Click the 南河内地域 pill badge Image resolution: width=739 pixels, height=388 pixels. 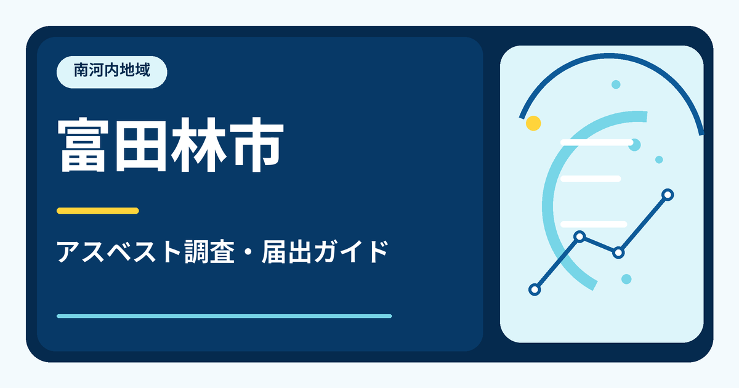tap(112, 72)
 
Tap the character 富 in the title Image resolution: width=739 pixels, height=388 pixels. tap(83, 145)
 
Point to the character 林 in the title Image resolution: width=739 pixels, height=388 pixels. tap(198, 145)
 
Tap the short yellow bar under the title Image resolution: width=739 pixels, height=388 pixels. tap(98, 211)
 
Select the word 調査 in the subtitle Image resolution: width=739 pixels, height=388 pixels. tap(209, 252)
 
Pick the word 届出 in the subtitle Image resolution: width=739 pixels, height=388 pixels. tap(286, 252)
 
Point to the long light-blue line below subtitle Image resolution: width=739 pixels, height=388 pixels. tap(224, 316)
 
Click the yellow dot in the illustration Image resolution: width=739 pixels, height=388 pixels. tap(533, 123)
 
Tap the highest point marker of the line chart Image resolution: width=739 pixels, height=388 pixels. tap(668, 195)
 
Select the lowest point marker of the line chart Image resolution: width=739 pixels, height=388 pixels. tap(535, 289)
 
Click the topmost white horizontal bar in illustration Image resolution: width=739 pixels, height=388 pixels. tap(597, 142)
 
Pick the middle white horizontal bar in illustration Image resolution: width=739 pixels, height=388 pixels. tap(591, 179)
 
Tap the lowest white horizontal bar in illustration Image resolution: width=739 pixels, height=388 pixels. tap(594, 224)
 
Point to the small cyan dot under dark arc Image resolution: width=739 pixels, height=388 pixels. tap(616, 84)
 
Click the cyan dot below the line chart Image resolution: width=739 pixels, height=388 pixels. tap(626, 279)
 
